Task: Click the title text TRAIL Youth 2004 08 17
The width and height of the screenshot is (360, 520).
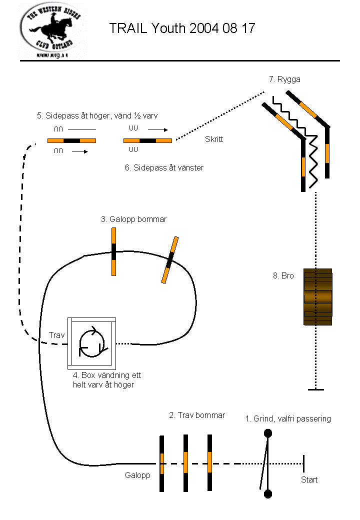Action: coord(182,28)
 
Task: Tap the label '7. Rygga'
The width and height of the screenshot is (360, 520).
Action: coord(284,79)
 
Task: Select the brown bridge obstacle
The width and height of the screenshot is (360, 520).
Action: coord(318,296)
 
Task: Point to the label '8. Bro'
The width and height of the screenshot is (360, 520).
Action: coord(283,275)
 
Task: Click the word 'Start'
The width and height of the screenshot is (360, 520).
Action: coord(309,480)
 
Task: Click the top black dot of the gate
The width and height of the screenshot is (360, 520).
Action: coord(268,433)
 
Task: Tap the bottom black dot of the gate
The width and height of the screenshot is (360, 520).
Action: coord(268,494)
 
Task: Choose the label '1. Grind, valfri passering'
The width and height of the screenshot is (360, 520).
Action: coord(288,418)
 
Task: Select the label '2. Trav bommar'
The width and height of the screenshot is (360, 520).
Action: coord(196,415)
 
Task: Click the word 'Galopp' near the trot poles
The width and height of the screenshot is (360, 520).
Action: coord(137,475)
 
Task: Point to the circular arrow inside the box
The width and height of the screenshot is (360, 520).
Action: coord(92,343)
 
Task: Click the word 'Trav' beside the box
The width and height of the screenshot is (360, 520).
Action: coord(56,335)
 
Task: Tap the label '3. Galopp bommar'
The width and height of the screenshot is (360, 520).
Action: coord(133,219)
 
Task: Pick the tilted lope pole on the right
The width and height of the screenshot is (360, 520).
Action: coord(170,259)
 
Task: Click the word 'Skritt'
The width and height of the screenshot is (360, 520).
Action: coord(214,139)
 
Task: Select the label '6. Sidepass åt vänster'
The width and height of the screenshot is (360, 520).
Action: coord(164,168)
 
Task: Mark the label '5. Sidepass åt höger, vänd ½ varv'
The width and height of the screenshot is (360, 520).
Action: coord(97,116)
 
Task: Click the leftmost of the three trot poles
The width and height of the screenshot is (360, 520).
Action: coord(162,463)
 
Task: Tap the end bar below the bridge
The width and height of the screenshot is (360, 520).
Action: coord(315,389)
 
